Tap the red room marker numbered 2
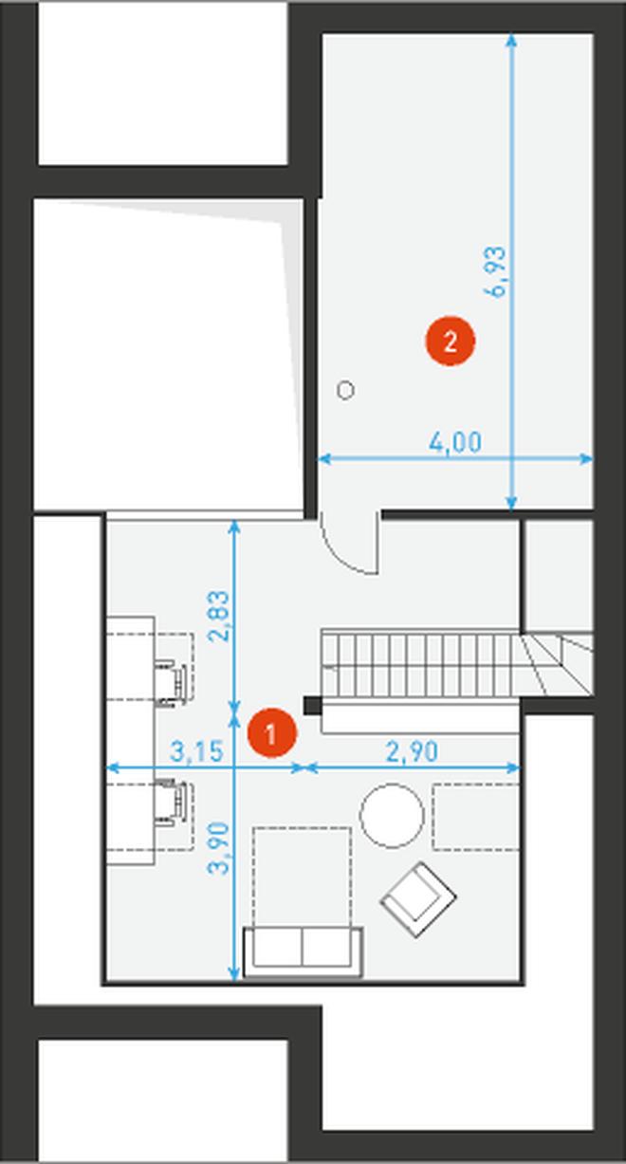450,342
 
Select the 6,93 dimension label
495,271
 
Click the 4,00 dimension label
455,442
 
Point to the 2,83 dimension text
219,617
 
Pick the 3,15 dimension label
197,751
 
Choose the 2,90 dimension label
412,751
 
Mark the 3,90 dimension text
219,848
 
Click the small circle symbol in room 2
345,390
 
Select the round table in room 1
393,816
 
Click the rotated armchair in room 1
418,899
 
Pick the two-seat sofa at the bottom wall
303,952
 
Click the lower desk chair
171,802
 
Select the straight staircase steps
421,664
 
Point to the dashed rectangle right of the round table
476,818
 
